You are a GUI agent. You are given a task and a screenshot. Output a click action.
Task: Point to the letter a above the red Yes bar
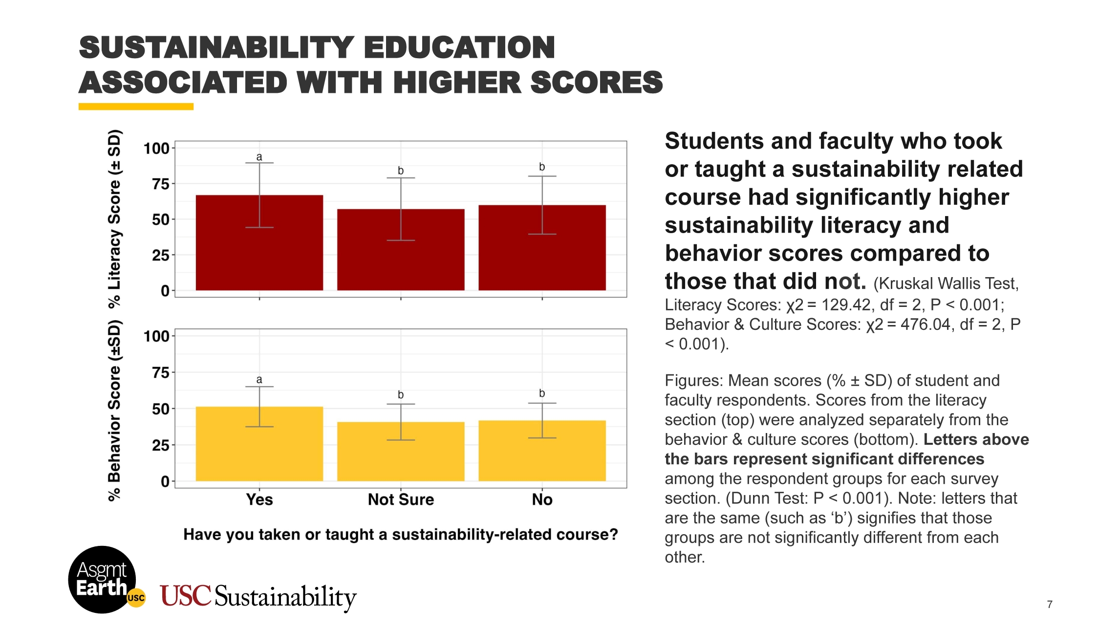pos(259,157)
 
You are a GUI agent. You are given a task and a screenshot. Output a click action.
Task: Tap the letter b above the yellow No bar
pos(542,393)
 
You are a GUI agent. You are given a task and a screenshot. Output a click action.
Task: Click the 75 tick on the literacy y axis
pos(161,184)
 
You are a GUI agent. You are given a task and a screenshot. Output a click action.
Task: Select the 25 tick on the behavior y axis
pos(161,445)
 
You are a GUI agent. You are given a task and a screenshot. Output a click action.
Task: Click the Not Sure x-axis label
pos(401,500)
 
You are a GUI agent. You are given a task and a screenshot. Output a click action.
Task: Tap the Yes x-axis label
pos(259,500)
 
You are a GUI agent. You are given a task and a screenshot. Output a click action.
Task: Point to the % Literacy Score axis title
pos(114,218)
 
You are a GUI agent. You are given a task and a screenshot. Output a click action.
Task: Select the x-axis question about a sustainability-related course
pos(401,534)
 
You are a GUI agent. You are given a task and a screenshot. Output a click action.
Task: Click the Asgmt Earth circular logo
pos(102,580)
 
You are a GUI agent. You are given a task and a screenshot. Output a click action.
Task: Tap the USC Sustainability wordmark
pos(258,596)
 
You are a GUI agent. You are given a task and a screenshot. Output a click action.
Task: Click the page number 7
pos(1050,605)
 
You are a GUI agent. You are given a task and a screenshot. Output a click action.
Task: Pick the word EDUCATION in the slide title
pos(459,48)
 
